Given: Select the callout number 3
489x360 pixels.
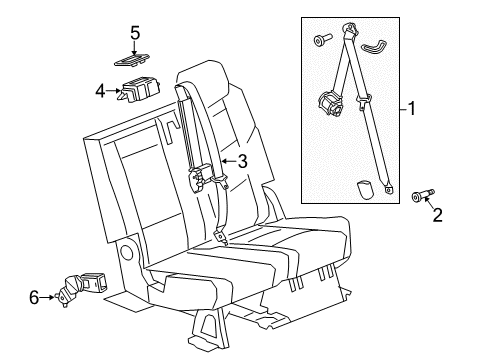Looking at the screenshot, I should [241, 159].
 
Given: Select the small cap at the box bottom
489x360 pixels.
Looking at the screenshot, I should [366, 188].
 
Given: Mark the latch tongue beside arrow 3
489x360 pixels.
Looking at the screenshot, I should [203, 179].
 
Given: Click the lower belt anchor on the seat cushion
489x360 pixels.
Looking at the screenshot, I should [221, 238].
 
